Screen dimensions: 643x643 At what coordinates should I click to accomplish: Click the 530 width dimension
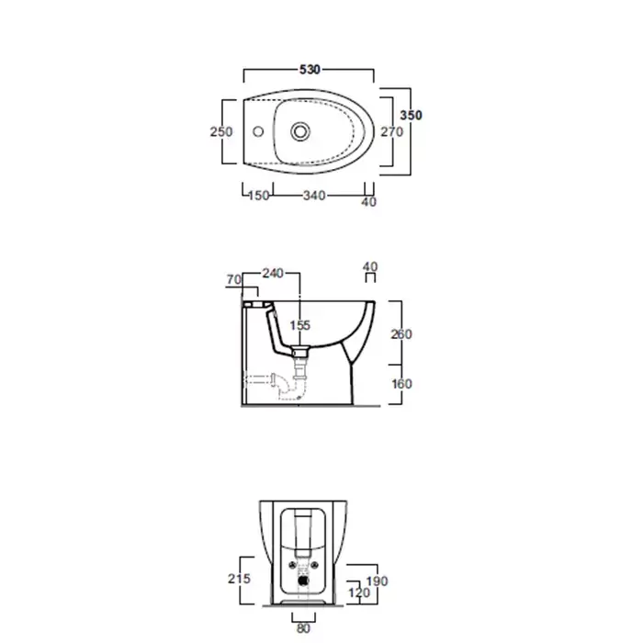coord(310,70)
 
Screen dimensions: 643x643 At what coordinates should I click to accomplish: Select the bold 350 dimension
coord(411,115)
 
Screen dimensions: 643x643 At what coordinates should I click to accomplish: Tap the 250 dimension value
coord(221,131)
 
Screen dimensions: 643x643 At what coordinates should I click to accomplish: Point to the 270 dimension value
coord(391,131)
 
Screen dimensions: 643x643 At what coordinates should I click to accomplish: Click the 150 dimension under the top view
coord(259,196)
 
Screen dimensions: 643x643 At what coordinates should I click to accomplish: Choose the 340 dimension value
coord(314,196)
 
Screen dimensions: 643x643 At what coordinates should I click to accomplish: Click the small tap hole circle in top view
coord(258,131)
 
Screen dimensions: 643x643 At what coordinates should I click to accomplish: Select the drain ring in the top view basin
coord(300,131)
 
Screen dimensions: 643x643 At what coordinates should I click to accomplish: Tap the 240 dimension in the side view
coord(273,273)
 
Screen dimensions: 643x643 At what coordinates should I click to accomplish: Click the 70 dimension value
coord(233,279)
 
